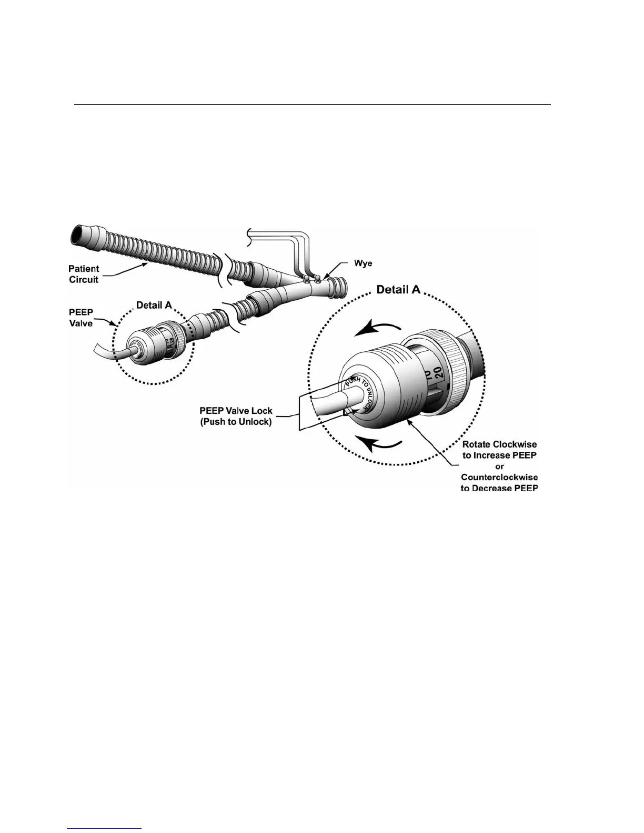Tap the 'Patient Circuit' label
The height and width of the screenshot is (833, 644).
click(x=84, y=274)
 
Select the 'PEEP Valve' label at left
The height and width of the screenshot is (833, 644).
click(x=81, y=318)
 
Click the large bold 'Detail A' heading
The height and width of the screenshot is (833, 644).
click(x=398, y=289)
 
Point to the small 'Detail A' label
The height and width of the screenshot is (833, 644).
click(x=154, y=304)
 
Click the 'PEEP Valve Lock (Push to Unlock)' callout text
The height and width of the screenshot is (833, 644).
click(x=236, y=416)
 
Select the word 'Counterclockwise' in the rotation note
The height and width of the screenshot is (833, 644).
click(x=499, y=477)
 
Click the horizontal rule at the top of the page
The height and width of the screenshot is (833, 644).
click(x=312, y=104)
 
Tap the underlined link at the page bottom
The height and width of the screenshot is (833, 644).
click(x=105, y=829)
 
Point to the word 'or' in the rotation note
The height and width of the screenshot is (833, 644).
click(x=499, y=466)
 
